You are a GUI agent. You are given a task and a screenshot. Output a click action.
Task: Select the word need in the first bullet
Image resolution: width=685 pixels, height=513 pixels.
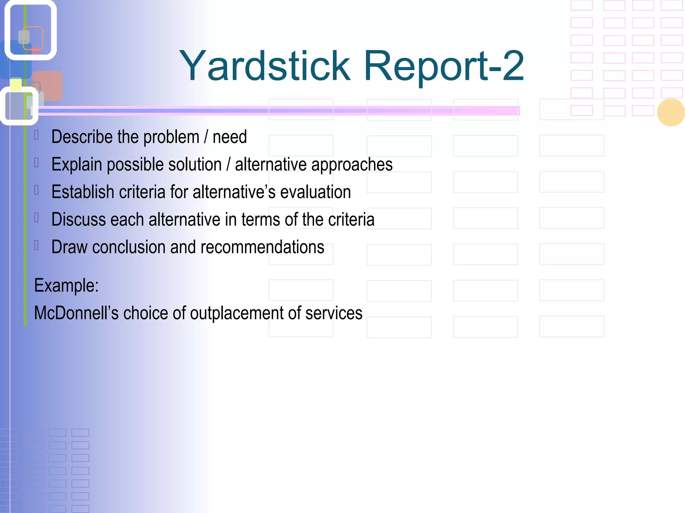pyautogui.click(x=229, y=137)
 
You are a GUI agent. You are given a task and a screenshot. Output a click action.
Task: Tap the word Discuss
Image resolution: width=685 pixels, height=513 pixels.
pyautogui.click(x=79, y=220)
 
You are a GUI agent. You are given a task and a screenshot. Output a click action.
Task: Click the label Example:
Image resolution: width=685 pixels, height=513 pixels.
pyautogui.click(x=67, y=286)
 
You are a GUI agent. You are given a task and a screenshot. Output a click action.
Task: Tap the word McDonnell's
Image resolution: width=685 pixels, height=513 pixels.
pyautogui.click(x=76, y=313)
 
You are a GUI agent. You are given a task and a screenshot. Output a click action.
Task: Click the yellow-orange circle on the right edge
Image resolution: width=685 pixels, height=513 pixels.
pyautogui.click(x=671, y=113)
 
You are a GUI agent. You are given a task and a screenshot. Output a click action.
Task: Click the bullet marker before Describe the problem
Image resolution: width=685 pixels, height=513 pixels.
pyautogui.click(x=37, y=135)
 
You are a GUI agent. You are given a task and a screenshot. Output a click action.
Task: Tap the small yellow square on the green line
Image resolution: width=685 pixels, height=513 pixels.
pyautogui.click(x=16, y=84)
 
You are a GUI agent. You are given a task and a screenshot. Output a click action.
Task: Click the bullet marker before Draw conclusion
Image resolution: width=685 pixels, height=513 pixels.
pyautogui.click(x=37, y=245)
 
